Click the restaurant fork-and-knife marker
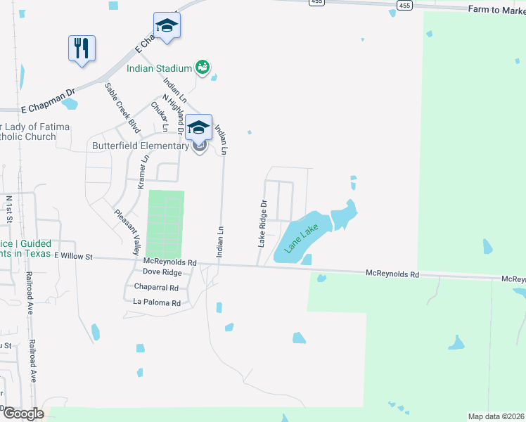pos(82,49)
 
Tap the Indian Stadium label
pos(160,68)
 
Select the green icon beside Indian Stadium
pos(203,68)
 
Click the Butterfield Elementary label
pos(141,146)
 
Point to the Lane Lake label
pos(300,237)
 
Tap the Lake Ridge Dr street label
pos(262,223)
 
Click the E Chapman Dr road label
pos(47,101)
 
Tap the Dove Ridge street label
pos(162,271)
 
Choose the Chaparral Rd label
pos(155,288)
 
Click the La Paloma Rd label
pos(157,303)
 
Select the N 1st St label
pos(9,209)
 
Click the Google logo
pos(23,414)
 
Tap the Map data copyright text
pos(495,416)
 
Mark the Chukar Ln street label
pos(159,117)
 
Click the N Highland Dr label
pos(173,113)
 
